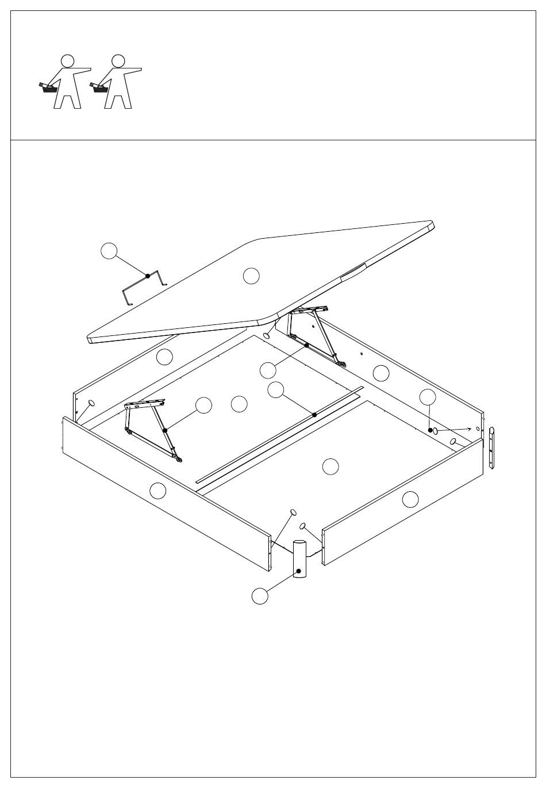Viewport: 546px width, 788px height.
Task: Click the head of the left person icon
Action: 68,60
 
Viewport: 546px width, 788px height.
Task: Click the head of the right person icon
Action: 118,60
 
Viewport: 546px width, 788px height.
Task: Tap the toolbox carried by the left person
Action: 48,87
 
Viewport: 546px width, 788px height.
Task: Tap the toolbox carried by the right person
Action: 99,87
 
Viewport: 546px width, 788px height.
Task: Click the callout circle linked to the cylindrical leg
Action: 260,596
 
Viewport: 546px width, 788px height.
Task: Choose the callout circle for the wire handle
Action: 109,251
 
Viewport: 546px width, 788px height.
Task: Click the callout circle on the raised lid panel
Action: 251,276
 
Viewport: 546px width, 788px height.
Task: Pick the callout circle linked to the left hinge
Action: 203,406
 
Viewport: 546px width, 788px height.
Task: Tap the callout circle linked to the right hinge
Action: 268,369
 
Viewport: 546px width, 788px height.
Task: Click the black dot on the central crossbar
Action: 314,415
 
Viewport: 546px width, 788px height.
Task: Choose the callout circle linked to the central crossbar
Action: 276,390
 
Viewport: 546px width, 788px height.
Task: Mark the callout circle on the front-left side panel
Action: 158,491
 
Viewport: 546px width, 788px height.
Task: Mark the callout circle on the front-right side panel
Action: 410,499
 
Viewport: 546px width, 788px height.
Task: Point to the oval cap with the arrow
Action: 436,431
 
